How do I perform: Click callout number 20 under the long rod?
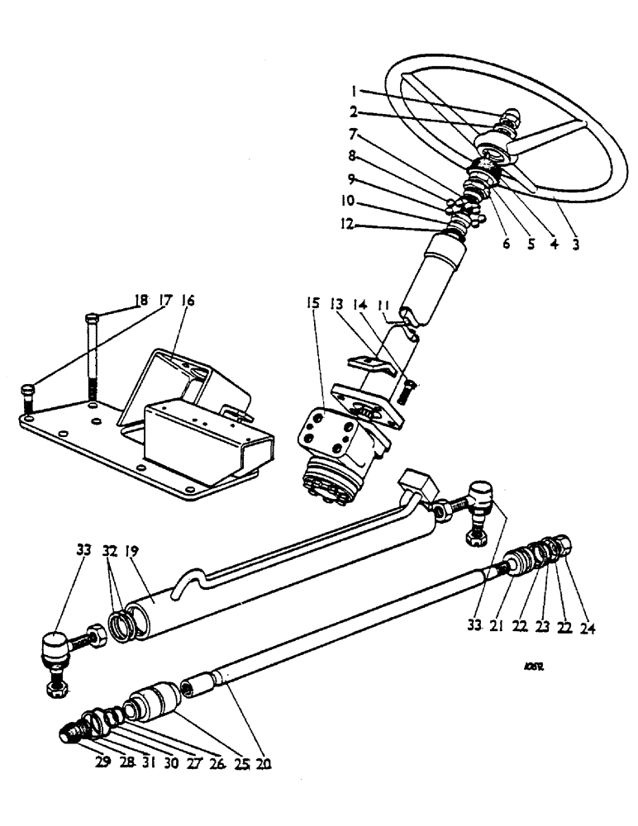(x=264, y=763)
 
